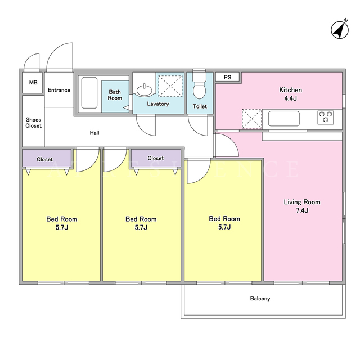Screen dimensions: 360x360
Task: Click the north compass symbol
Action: tap(340, 29)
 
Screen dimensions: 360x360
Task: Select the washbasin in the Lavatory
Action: tap(144, 90)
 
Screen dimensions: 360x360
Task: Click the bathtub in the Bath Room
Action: tap(89, 93)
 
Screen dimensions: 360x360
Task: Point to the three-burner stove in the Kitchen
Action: tap(326, 118)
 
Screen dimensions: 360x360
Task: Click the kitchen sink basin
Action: tap(283, 119)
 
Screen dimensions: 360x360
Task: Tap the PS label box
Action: tap(227, 77)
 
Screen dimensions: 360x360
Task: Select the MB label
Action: tap(33, 82)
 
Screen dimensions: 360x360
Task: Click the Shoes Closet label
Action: tap(34, 123)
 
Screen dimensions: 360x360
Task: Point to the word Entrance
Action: tap(59, 90)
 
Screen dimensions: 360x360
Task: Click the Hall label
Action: tap(94, 133)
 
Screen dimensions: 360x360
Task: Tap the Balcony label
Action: tap(260, 299)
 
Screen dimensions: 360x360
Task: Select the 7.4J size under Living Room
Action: tap(302, 210)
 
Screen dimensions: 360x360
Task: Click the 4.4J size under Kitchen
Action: tap(290, 98)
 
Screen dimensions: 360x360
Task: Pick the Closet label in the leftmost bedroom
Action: tap(44, 159)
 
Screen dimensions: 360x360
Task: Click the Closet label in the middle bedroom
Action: tap(156, 158)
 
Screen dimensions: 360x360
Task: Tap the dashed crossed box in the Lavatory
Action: tap(170, 86)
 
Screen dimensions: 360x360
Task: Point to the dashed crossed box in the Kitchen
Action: tap(252, 119)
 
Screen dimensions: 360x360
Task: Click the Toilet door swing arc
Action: tap(195, 130)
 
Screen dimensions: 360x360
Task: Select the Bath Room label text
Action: tap(115, 95)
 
